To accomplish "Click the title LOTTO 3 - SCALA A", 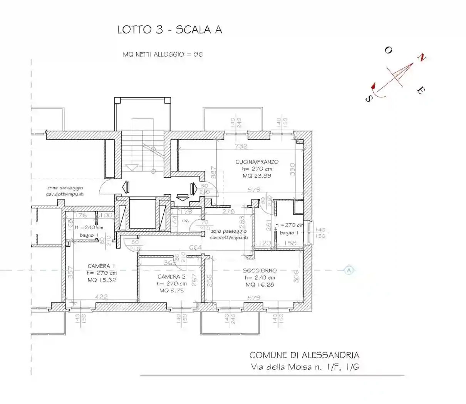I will point(169,30).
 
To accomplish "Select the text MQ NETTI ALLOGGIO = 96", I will point(163,54).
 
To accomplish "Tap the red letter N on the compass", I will point(422,58).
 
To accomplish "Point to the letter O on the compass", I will point(388,50).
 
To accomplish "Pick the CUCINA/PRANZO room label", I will point(257,162).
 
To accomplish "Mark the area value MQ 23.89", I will point(257,176).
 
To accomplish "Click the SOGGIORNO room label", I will point(260,271).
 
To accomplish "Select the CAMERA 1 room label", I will point(101,266).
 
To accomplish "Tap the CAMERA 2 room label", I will point(171,277).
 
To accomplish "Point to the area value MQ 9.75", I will point(171,290).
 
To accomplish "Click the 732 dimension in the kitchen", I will point(241,146).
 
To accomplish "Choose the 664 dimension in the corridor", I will point(195,247).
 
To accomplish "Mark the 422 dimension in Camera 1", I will point(101,297).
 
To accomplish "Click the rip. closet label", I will point(185,221).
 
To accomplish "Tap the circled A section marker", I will point(349,270).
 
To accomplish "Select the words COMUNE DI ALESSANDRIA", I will point(304,355).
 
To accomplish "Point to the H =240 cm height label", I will point(89,227).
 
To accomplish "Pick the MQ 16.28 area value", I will point(260,285).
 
